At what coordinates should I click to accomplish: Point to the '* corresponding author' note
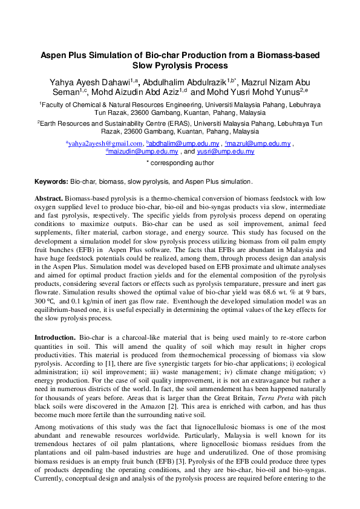(x=180, y=163)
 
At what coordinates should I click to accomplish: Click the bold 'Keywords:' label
(x=51, y=181)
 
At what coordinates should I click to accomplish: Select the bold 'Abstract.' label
(x=49, y=198)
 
